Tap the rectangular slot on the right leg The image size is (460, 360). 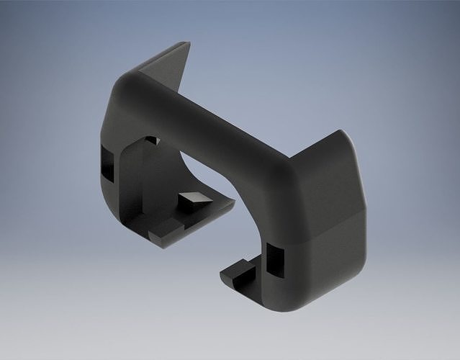click(x=274, y=258)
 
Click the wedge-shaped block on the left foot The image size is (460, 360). click(x=191, y=200)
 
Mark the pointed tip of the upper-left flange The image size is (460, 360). click(x=189, y=43)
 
